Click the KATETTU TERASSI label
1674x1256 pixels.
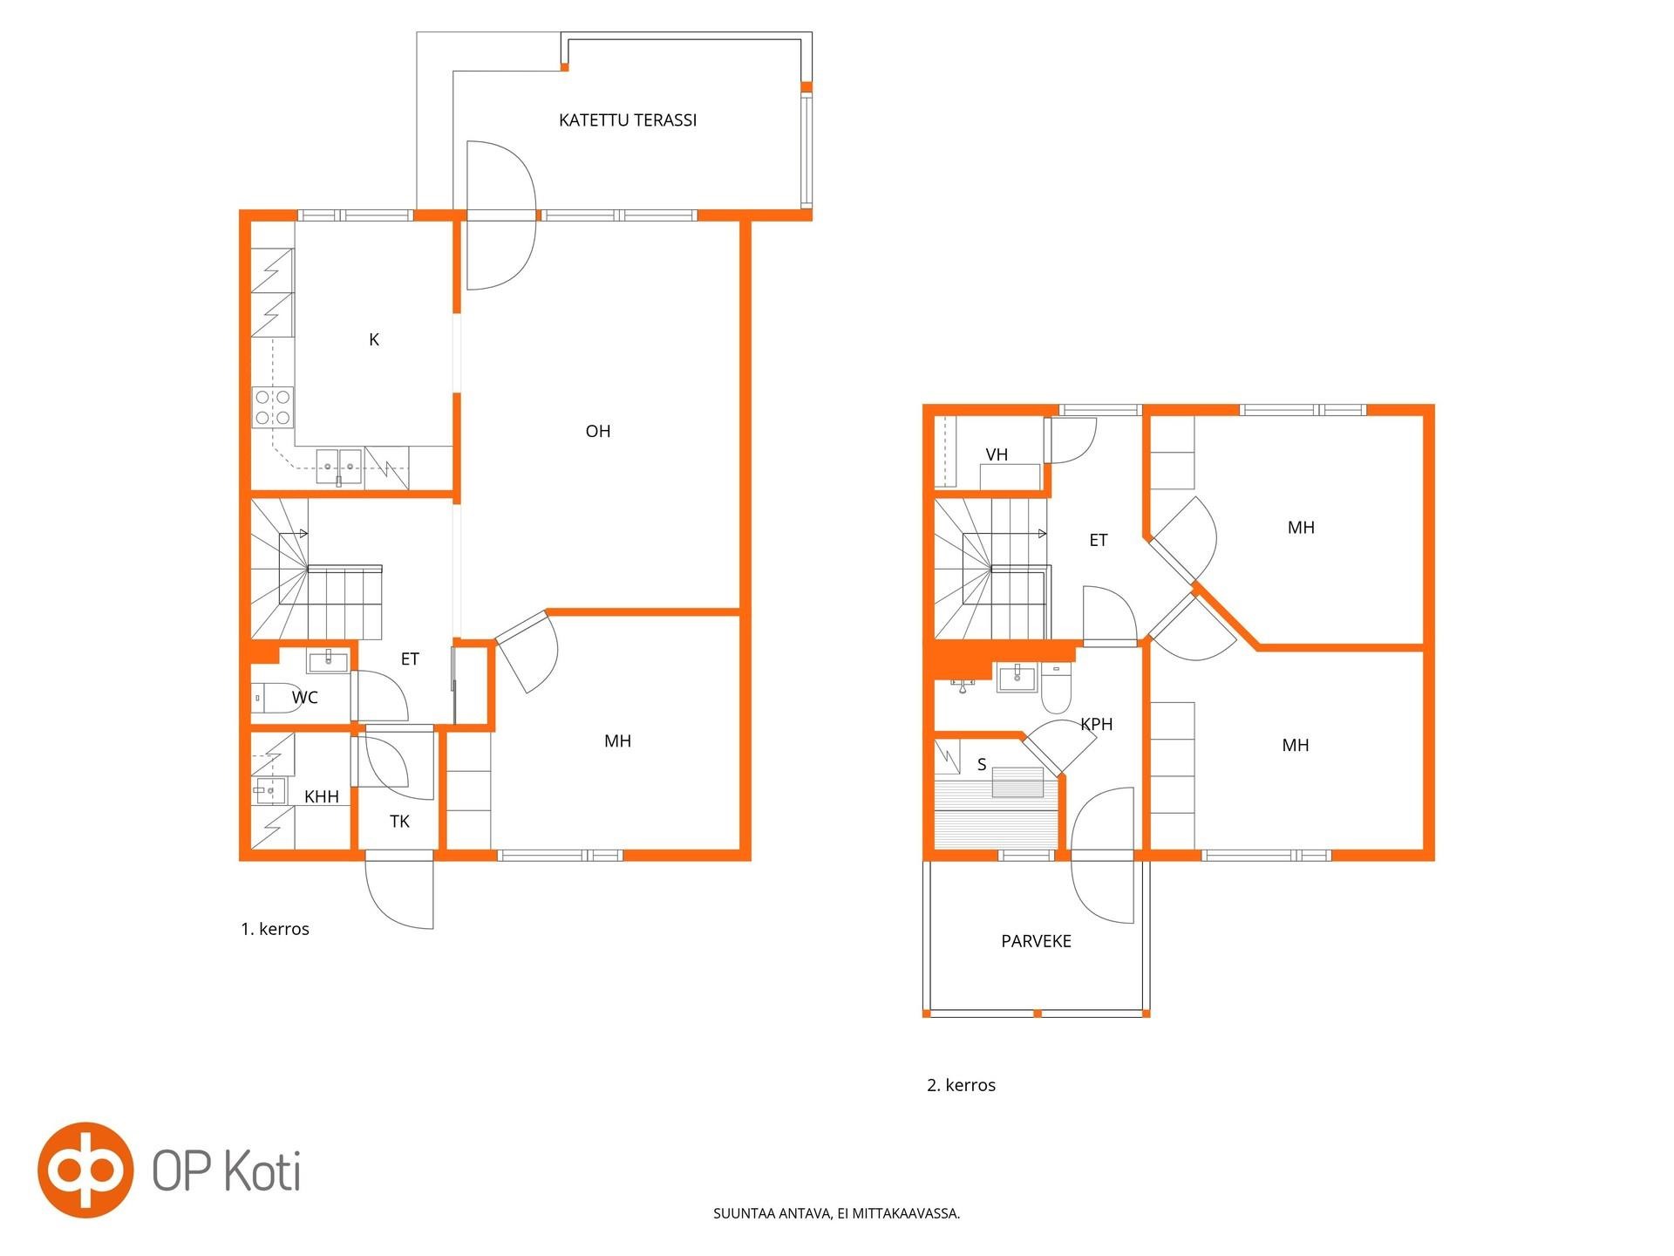pos(628,120)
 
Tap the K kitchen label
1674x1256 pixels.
pos(374,339)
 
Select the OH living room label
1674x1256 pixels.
pos(598,431)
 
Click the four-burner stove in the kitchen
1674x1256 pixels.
pos(273,407)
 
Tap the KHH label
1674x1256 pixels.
pos(322,796)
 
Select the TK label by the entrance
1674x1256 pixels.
pos(399,822)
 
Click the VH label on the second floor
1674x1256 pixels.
pos(997,454)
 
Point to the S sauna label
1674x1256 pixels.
pos(982,765)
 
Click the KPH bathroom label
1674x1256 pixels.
pos(1097,724)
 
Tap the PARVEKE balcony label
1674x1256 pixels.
pos(1036,941)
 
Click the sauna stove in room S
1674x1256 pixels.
pos(1017,782)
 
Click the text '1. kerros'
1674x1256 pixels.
pos(275,929)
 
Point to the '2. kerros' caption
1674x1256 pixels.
pos(961,1085)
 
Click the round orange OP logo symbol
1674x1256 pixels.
pos(85,1170)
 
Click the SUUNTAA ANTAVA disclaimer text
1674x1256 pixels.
pos(837,1213)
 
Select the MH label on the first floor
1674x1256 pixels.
pos(617,741)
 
